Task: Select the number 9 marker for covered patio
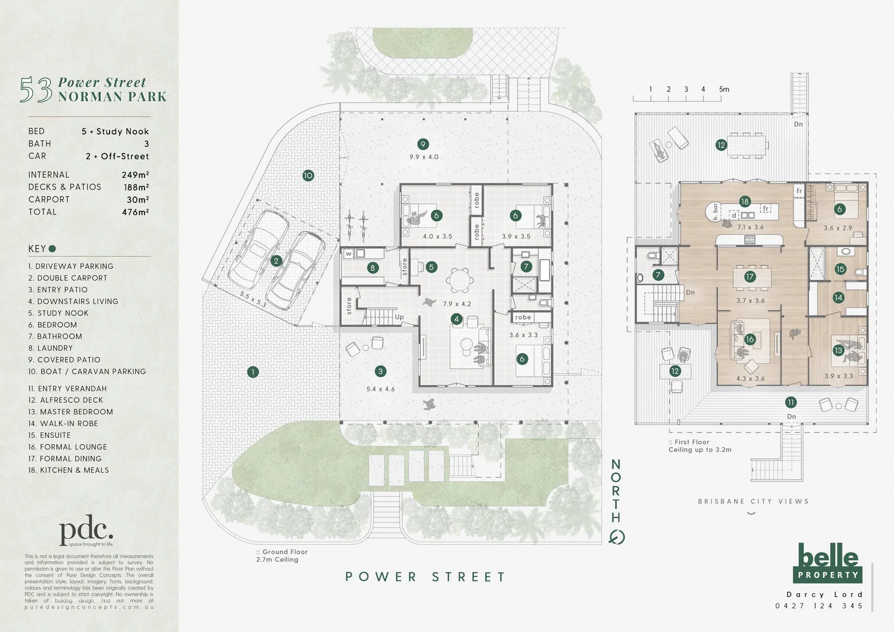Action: tap(423, 144)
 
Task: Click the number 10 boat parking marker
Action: tap(308, 175)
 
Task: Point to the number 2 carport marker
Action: tap(276, 261)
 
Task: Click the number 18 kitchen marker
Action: tap(744, 201)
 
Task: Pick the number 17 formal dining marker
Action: tap(750, 277)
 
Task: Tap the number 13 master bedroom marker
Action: tap(838, 351)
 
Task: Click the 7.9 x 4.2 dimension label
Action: tap(457, 304)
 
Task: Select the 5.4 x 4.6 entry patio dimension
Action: tap(380, 389)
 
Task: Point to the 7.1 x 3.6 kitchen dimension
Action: tap(750, 228)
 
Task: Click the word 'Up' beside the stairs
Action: tap(399, 317)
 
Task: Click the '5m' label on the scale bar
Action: tap(724, 90)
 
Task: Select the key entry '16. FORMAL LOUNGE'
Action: tap(68, 447)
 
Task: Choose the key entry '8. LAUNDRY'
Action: tap(51, 348)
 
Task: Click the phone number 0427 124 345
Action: tap(819, 606)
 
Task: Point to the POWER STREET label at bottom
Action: tap(425, 577)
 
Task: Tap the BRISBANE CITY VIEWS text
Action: tap(753, 502)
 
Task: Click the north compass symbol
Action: tap(616, 537)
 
